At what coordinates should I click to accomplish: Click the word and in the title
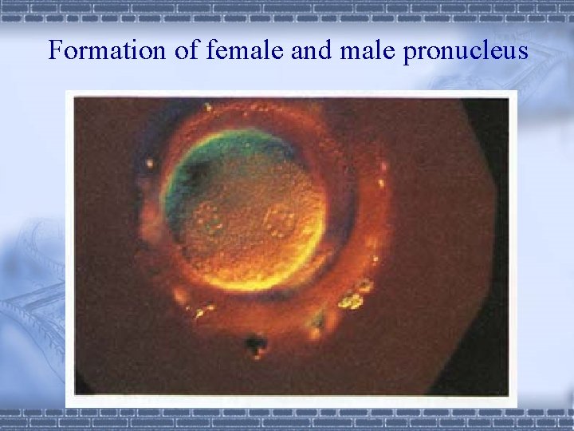(x=306, y=50)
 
